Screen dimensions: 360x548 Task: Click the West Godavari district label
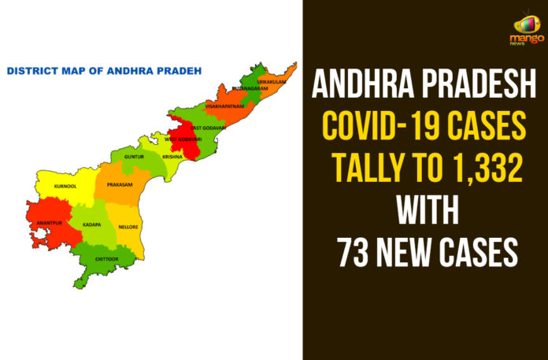(183, 139)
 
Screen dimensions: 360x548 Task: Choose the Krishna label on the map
(172, 156)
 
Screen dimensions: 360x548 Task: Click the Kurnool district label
(65, 187)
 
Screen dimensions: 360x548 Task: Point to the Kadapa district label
(91, 225)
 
